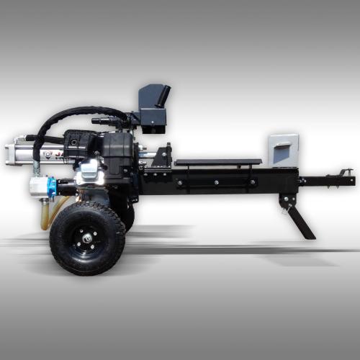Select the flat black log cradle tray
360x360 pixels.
(x=217, y=162)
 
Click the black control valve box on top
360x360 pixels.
(x=153, y=115)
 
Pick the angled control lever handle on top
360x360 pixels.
(x=163, y=94)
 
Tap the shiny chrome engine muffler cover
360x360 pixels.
(x=90, y=171)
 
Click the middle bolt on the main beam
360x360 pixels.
(x=215, y=182)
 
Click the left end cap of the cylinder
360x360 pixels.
(x=9, y=152)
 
